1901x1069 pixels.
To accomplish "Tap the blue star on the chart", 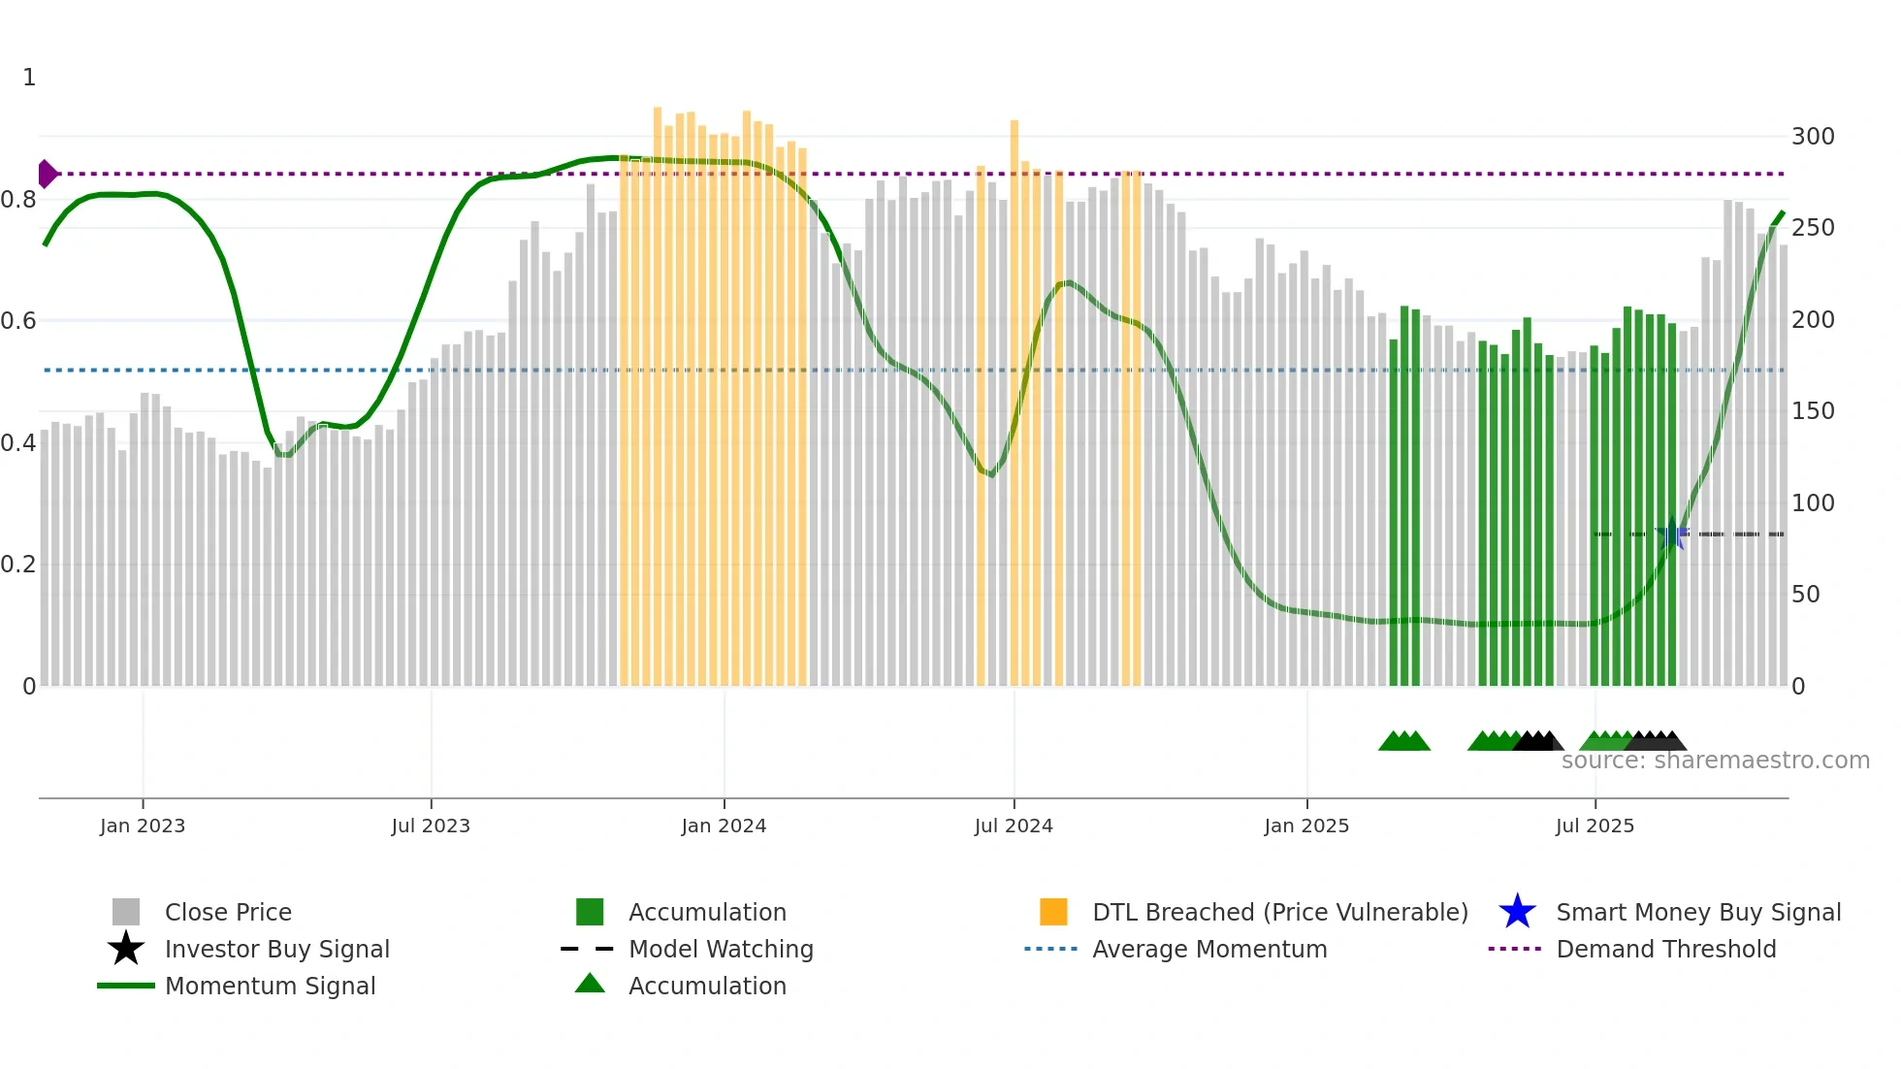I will coord(1672,534).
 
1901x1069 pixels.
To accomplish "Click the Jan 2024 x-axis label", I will coord(724,826).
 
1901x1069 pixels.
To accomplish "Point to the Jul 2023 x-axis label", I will coord(431,826).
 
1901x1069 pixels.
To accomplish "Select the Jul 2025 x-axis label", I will coord(1595,826).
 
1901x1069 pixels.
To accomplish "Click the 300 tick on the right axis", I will coord(1812,136).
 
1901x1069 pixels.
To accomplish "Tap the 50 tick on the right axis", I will coord(1805,594).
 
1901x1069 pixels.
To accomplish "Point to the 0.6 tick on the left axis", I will coord(18,320).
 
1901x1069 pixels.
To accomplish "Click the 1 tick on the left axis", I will coord(29,77).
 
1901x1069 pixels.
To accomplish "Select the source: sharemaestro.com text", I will coord(1715,760).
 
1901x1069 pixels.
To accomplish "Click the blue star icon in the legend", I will coord(1517,912).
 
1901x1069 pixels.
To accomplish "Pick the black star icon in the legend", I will coord(126,949).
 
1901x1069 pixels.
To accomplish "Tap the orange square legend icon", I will coord(1053,912).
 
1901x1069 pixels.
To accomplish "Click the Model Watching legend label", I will coord(721,949).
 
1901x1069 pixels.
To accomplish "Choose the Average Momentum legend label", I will coord(1209,949).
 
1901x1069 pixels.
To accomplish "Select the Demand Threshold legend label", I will coord(1665,949).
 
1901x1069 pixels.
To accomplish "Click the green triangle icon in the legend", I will coord(590,984).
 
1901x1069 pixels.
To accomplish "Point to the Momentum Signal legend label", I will coord(270,986).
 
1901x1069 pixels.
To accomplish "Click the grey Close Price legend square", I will coord(126,912).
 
